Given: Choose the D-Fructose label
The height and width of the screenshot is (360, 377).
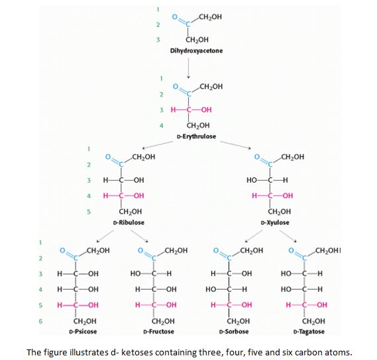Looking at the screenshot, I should click(159, 329).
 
